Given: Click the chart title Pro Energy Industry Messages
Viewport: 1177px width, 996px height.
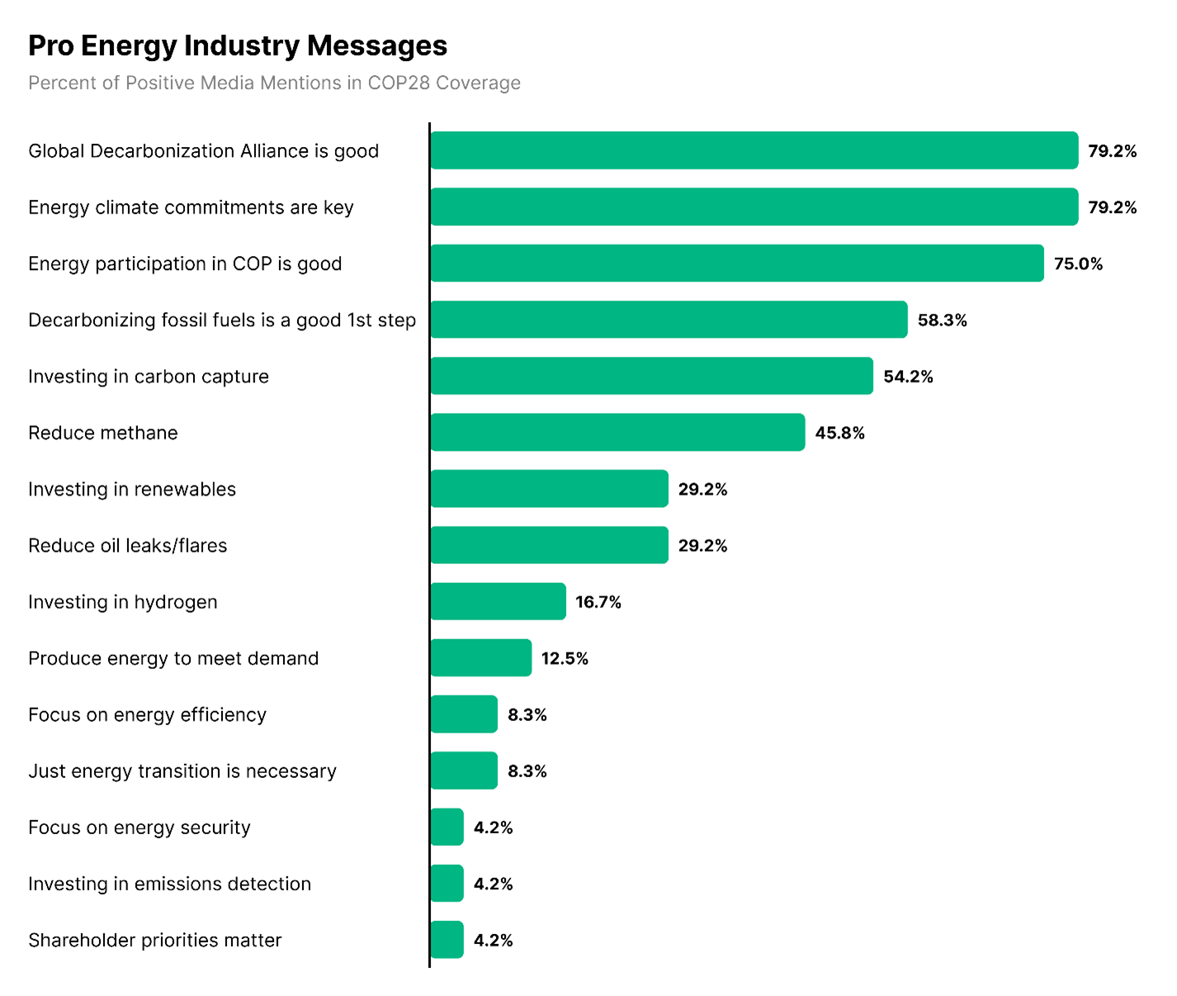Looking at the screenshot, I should click(238, 46).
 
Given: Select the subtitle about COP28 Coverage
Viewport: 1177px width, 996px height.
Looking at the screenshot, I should click(274, 83).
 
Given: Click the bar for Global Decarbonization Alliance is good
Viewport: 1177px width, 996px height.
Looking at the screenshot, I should click(754, 150).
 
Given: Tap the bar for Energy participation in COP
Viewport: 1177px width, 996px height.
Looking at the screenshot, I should click(736, 263).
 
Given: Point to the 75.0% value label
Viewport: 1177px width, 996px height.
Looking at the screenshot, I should click(1078, 264).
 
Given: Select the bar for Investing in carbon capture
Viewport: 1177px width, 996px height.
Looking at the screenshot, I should click(651, 377).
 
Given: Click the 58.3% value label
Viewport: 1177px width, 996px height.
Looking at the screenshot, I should click(942, 320).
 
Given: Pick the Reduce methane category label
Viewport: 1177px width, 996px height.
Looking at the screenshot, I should click(103, 433).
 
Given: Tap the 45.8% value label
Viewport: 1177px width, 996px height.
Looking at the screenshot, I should click(839, 434).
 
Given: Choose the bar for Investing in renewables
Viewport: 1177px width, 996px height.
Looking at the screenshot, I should click(549, 489).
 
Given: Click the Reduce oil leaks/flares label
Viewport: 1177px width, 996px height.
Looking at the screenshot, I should click(128, 546).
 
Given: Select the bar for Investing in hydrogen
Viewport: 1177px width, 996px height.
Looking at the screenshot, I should click(498, 602).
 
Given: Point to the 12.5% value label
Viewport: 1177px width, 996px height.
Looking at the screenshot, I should click(565, 659).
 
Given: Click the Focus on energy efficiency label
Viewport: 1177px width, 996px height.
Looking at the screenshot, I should click(147, 715).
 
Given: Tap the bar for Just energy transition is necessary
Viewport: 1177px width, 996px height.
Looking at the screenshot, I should click(464, 771).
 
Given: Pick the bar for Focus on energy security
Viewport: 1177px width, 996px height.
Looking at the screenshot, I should click(447, 828).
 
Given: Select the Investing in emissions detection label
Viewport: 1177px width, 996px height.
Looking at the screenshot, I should click(169, 884).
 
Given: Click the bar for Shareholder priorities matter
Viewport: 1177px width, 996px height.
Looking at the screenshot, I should click(447, 941).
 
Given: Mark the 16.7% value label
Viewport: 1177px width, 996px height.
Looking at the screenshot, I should click(598, 602).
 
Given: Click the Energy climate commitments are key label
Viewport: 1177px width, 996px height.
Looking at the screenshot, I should click(191, 207).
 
